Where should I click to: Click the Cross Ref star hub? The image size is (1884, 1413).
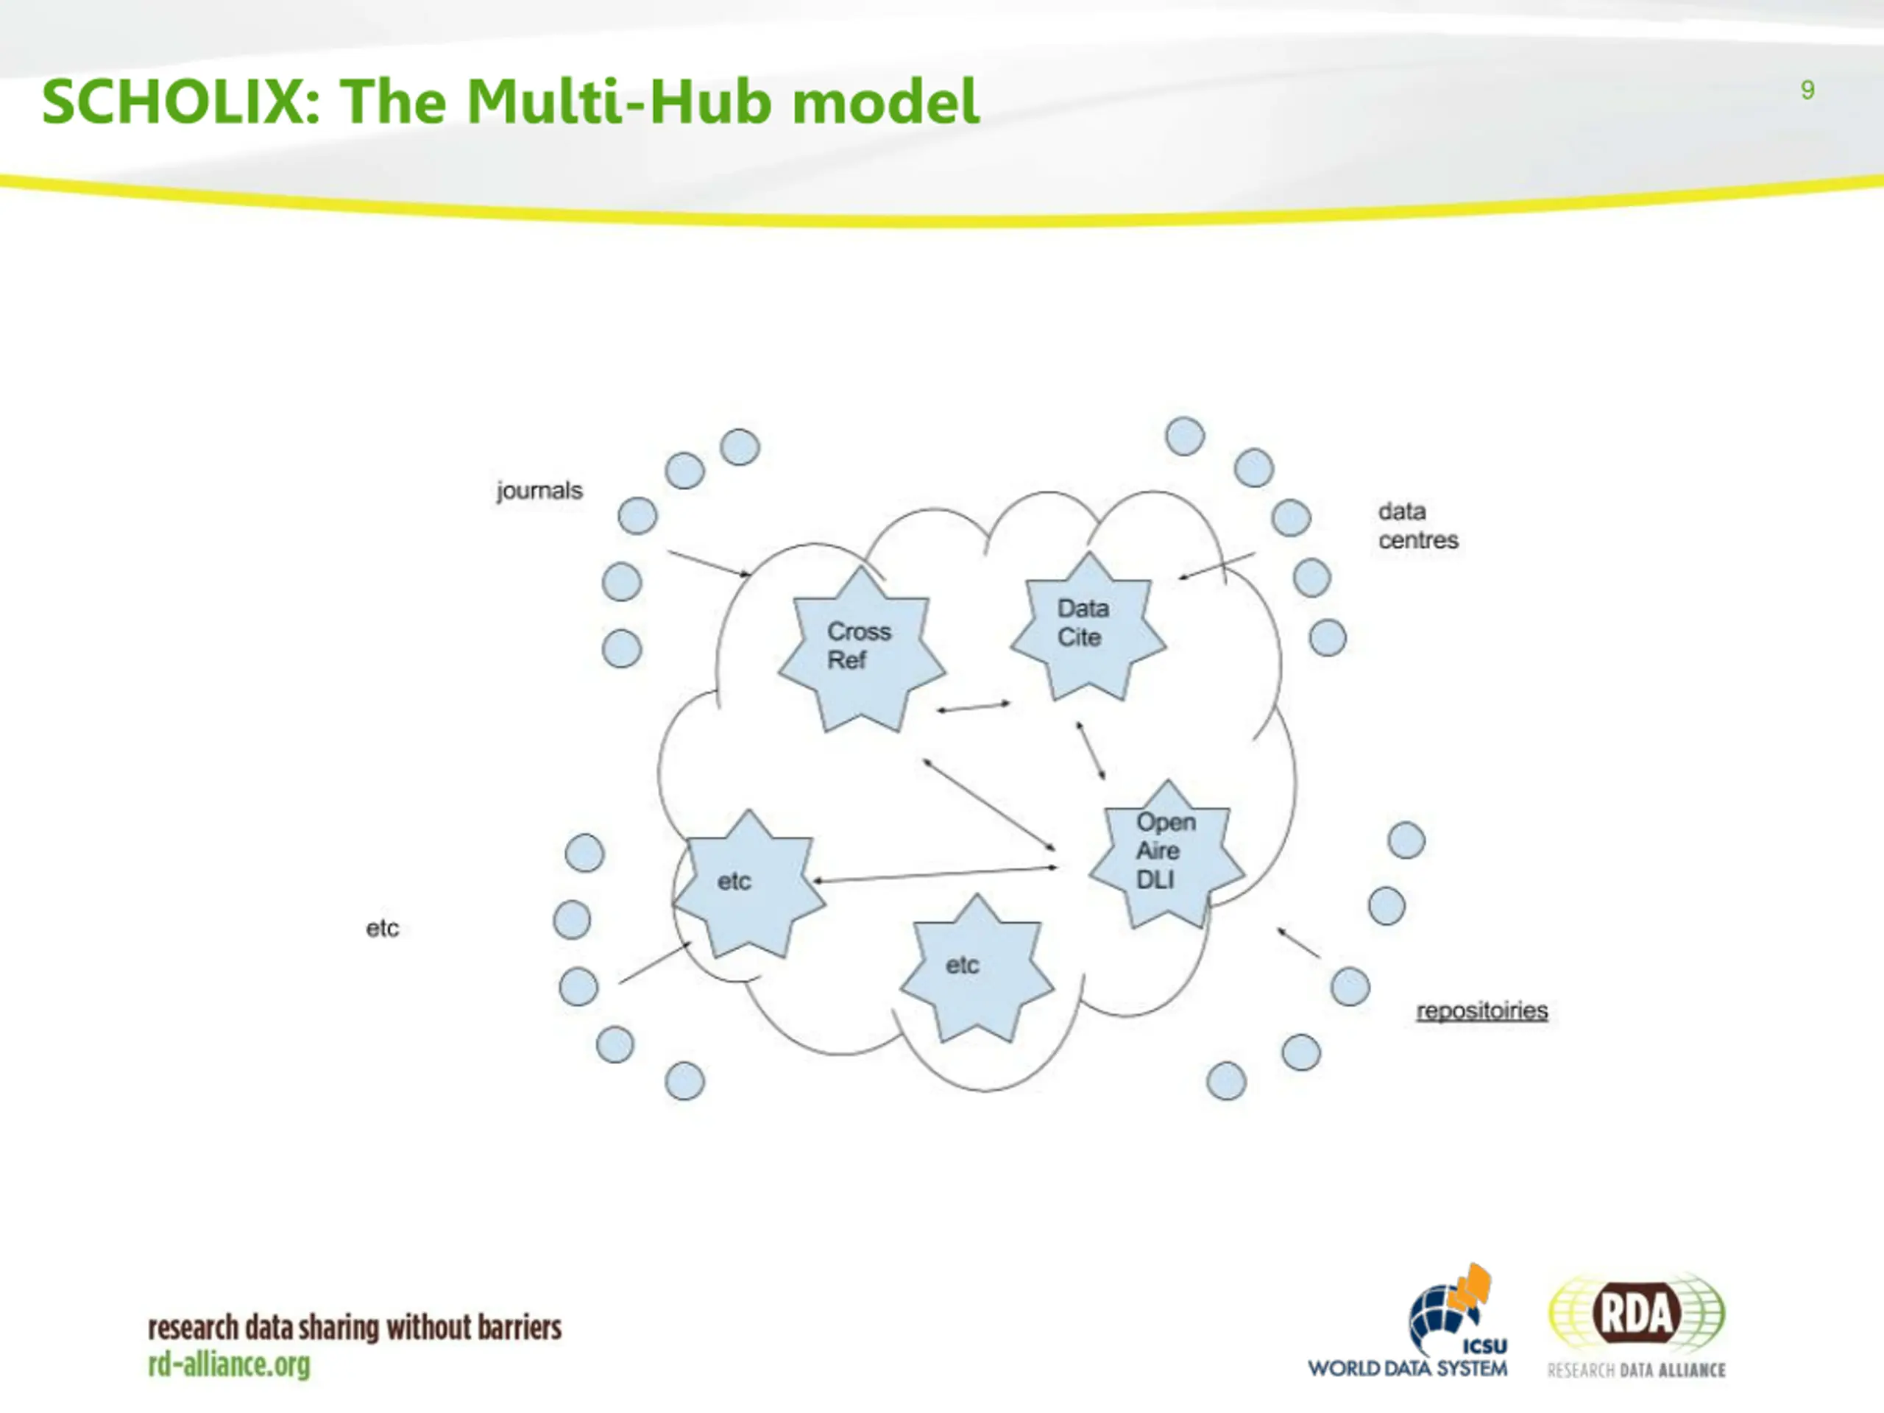pos(861,650)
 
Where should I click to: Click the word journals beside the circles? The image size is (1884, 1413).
pos(540,491)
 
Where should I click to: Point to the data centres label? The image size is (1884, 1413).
pos(1418,525)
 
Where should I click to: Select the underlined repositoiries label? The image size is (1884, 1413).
pos(1482,1011)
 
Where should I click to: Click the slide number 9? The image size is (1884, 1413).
pos(1807,91)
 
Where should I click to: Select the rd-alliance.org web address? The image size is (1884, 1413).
pos(229,1364)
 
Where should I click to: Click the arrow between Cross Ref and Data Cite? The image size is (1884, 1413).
pos(974,707)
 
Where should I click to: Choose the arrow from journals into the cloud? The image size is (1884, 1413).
pos(709,564)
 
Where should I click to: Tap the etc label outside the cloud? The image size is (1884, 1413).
pos(383,928)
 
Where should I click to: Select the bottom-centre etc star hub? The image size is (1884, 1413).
pos(977,968)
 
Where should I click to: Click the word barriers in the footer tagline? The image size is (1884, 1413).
pos(519,1328)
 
